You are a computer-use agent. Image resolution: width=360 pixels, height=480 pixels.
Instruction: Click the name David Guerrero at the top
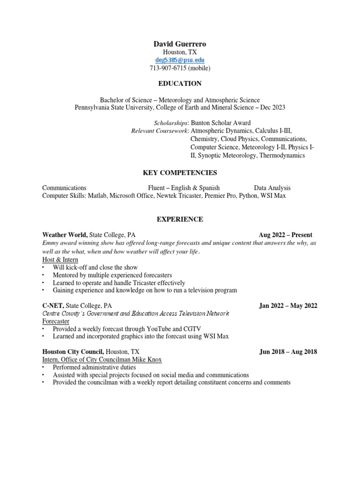point(180,44)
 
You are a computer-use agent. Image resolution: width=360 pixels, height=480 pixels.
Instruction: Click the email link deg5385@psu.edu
point(180,60)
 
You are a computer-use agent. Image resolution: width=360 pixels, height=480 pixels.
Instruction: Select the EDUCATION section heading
point(180,84)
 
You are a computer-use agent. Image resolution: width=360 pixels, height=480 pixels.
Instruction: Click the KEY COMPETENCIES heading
point(180,173)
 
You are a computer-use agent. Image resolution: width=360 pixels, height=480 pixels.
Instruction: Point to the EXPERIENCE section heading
point(180,219)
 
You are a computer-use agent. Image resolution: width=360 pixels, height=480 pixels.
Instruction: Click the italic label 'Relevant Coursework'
point(159,131)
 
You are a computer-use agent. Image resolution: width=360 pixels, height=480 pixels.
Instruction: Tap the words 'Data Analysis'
point(272,187)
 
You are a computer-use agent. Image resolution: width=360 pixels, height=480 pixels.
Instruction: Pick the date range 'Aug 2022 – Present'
point(285,235)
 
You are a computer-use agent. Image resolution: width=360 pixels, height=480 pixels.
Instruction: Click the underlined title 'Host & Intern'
point(60,259)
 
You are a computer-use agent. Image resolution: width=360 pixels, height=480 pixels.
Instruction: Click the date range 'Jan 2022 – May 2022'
point(288,306)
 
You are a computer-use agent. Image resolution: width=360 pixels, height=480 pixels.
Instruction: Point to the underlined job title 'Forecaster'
point(56,321)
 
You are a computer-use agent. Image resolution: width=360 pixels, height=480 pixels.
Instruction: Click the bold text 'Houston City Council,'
point(73,352)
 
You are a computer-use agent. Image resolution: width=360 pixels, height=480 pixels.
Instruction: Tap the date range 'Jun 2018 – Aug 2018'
point(288,352)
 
